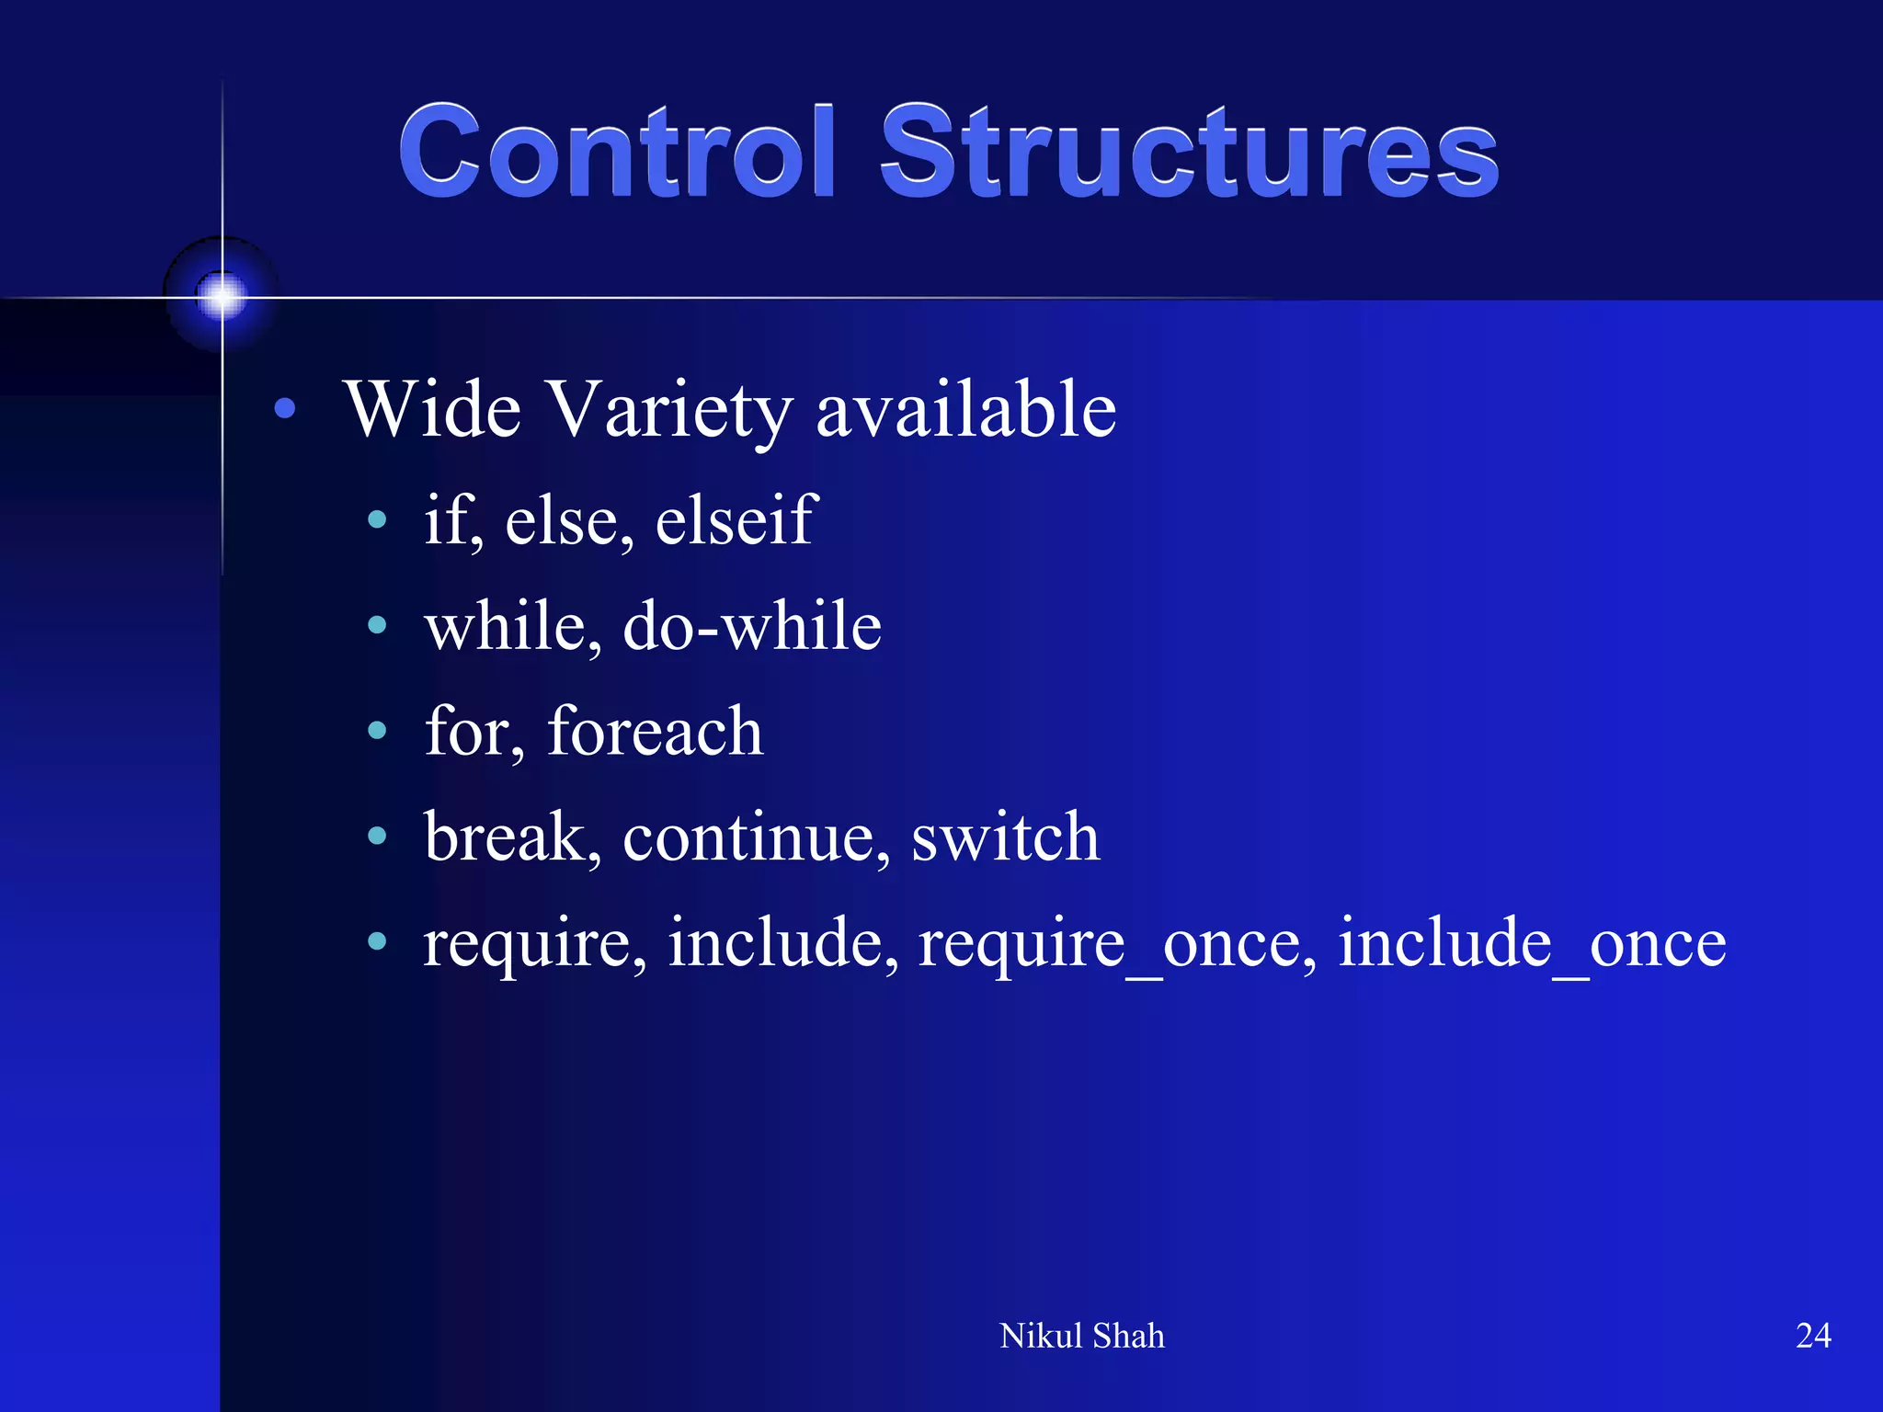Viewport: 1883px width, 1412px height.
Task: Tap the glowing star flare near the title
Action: [222, 297]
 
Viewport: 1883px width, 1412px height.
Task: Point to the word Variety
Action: [670, 411]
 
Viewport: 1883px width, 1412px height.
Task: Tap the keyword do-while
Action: [752, 626]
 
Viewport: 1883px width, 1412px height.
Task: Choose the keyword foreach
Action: [655, 732]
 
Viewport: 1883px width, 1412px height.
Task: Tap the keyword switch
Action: [1005, 837]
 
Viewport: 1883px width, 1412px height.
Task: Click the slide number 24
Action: [1812, 1336]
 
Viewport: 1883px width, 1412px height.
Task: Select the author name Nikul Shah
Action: [1081, 1336]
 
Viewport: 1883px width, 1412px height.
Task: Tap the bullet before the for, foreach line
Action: [377, 732]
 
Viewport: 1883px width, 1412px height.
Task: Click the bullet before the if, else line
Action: [377, 520]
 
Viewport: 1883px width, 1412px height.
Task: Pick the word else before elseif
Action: [562, 520]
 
